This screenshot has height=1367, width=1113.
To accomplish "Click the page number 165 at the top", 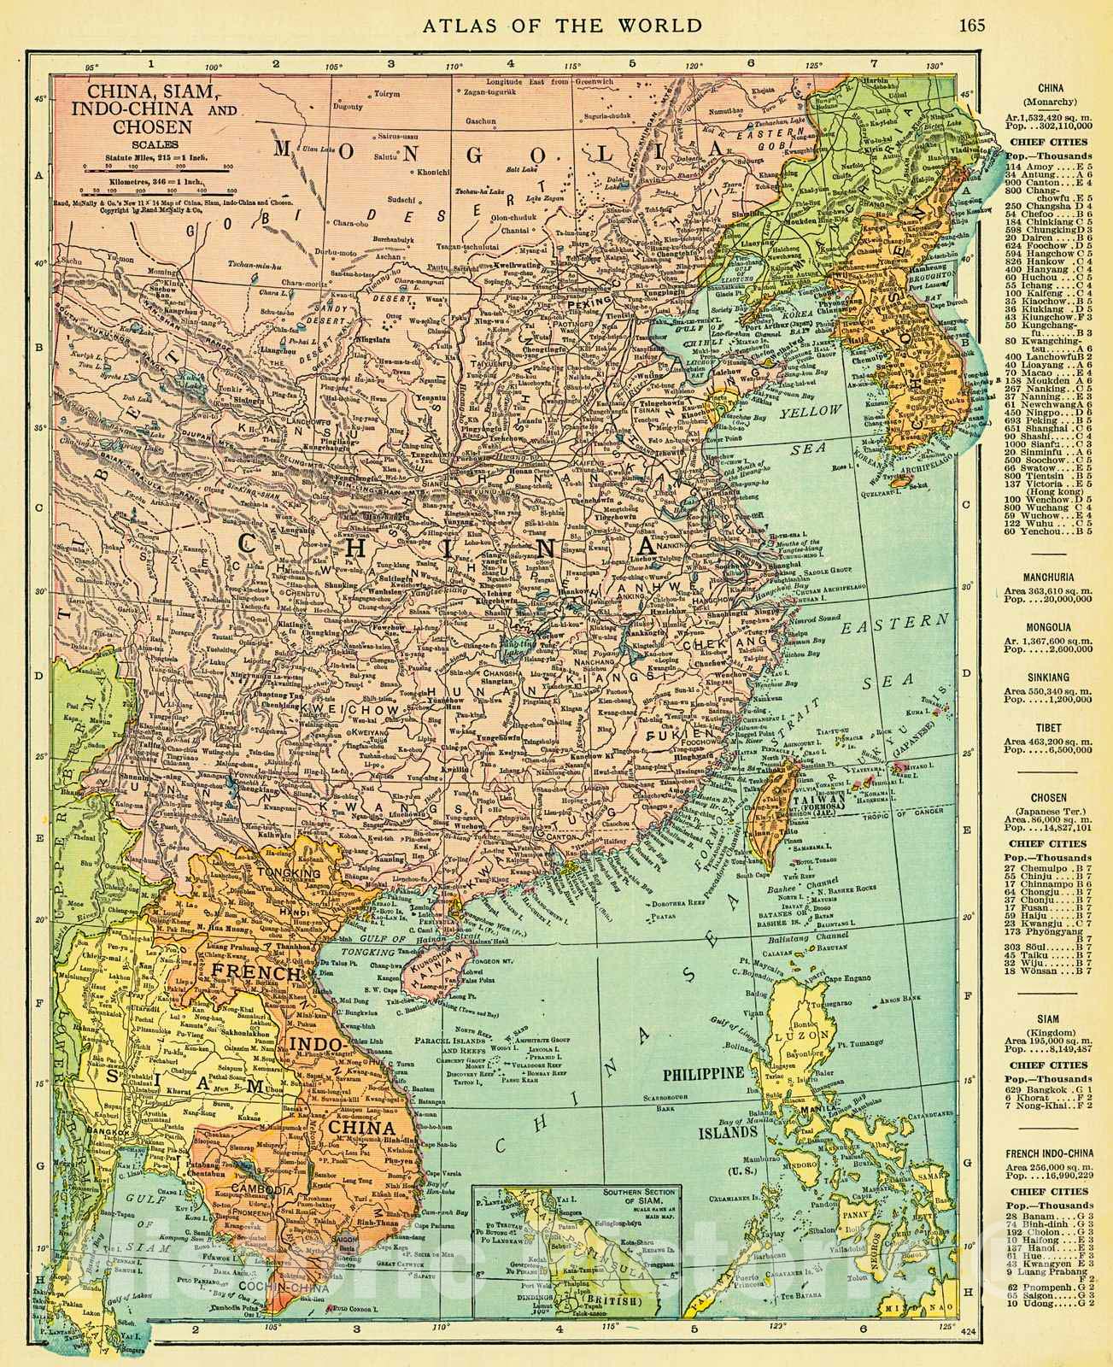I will pos(971,24).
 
